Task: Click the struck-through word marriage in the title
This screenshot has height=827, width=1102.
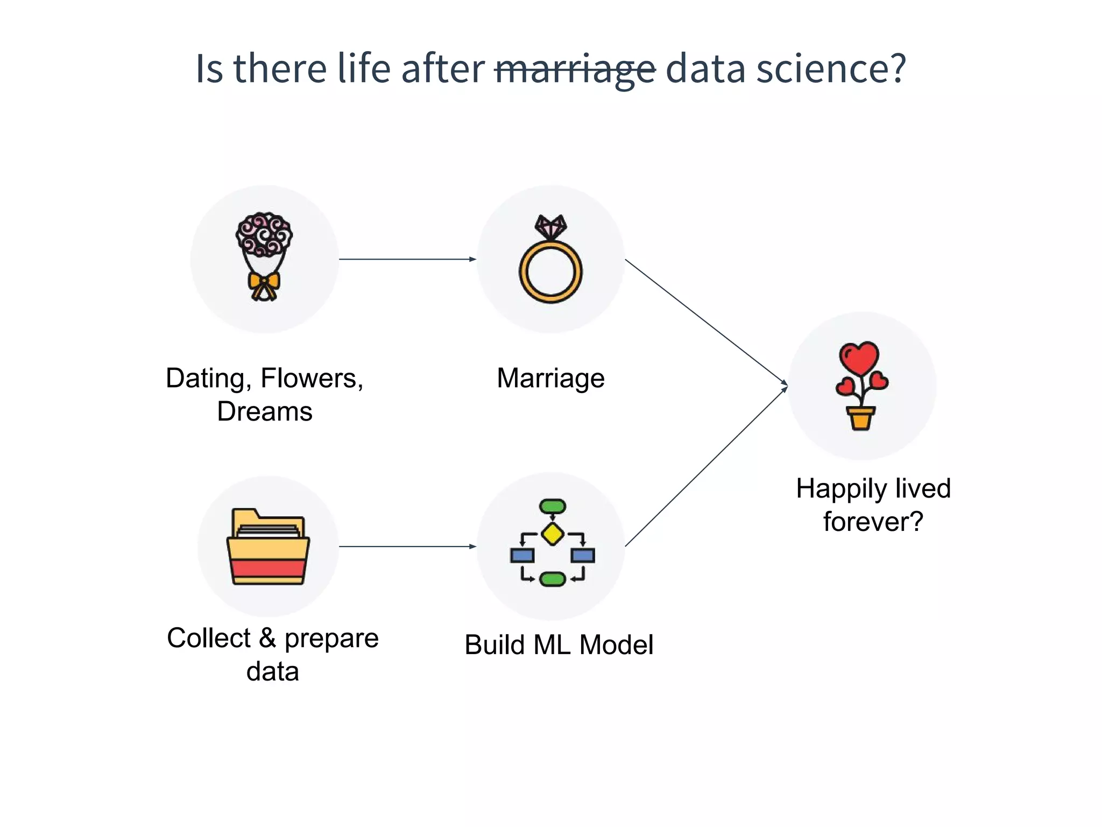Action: click(x=575, y=69)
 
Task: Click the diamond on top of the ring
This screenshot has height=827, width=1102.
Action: click(x=550, y=227)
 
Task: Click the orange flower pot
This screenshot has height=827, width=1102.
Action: click(x=860, y=418)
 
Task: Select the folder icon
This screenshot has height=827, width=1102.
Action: click(x=268, y=547)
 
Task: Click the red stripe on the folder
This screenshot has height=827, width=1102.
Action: click(x=268, y=568)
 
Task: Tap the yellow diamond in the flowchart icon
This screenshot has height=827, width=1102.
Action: click(x=553, y=534)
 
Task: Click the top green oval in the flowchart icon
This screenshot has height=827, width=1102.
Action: click(x=553, y=506)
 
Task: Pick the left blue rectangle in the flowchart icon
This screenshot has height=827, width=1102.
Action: click(x=522, y=555)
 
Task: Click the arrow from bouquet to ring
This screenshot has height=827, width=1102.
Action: click(x=407, y=259)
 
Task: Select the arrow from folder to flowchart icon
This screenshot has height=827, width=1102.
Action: click(x=407, y=546)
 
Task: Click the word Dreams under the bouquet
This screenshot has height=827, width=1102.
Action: click(x=264, y=412)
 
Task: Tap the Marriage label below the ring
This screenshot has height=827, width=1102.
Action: click(x=550, y=378)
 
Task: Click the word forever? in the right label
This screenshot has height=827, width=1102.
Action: click(x=873, y=522)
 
